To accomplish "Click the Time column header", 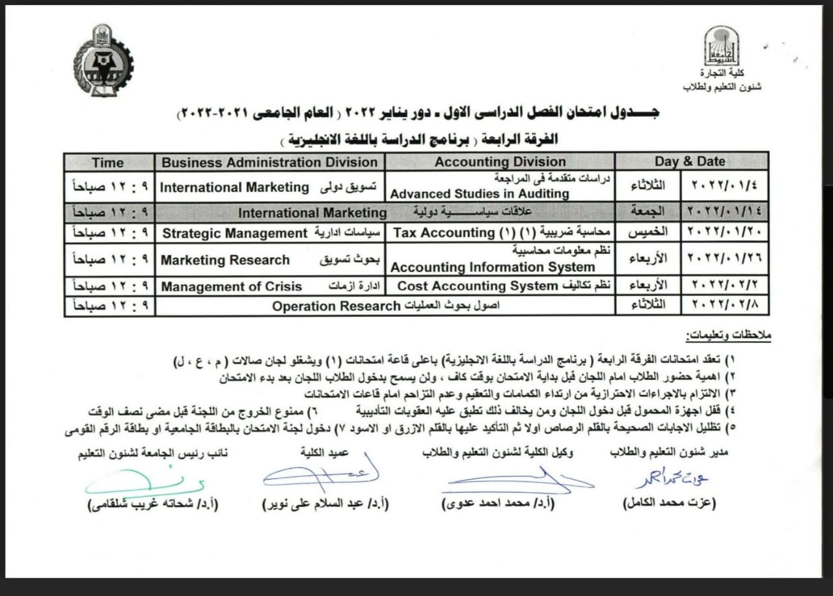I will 108,162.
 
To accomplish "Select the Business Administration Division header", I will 269,162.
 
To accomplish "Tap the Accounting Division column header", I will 500,162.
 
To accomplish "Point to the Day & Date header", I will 690,162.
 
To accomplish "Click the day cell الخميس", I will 648,232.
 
